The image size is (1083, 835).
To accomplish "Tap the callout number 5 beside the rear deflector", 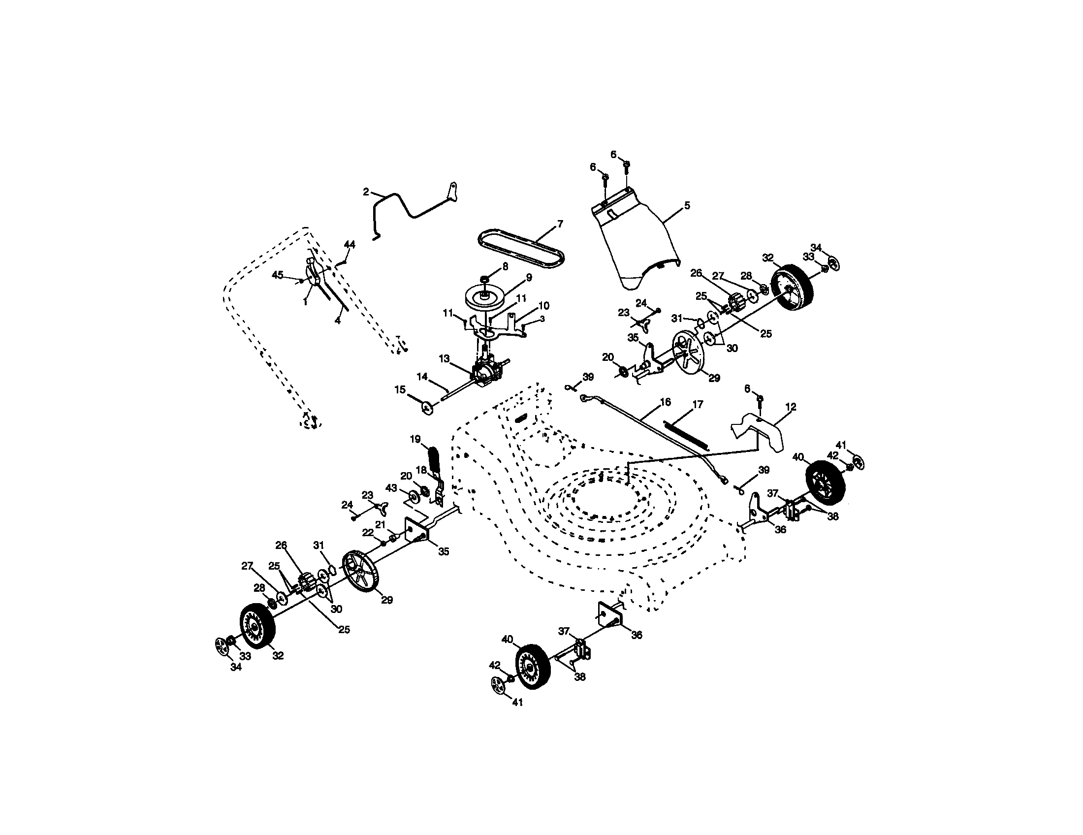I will tap(687, 205).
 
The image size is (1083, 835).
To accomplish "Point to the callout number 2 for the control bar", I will tap(366, 192).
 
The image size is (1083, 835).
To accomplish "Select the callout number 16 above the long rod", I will tap(665, 402).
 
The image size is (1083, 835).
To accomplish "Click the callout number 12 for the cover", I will tap(791, 407).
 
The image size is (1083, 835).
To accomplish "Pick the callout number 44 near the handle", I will tap(350, 245).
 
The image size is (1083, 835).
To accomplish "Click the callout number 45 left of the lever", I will tap(278, 275).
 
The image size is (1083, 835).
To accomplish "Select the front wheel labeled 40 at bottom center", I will tap(533, 667).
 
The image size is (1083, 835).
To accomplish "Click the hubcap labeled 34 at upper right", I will tap(835, 264).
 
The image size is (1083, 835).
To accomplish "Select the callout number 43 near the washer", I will tap(391, 488).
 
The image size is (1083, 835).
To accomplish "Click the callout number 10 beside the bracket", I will tap(544, 306).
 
